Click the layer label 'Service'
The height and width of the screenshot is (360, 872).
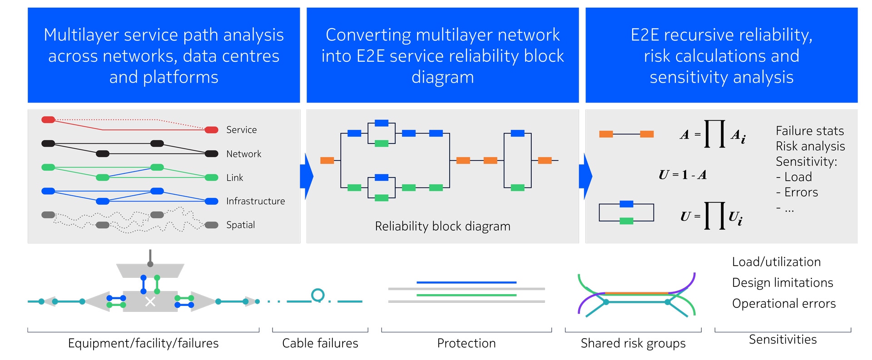[x=241, y=130]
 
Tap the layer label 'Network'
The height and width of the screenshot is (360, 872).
[x=243, y=154]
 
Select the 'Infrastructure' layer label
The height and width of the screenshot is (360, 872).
[x=255, y=201]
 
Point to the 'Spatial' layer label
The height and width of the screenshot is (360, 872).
[x=240, y=225]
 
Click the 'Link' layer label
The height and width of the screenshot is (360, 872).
[x=234, y=178]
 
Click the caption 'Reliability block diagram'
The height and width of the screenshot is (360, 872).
[x=442, y=226]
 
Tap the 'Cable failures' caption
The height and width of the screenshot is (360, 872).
[x=320, y=343]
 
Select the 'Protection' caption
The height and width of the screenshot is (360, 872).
[x=466, y=343]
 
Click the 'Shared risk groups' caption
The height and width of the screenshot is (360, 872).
[x=633, y=344]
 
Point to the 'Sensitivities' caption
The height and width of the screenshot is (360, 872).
[x=783, y=340]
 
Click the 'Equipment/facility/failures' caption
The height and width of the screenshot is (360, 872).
[x=143, y=344]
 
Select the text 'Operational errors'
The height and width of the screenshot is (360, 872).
[x=783, y=304]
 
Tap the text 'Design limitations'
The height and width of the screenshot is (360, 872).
[x=783, y=283]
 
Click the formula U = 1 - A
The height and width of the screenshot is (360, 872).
[x=683, y=175]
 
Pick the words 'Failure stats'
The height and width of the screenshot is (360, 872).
[x=809, y=131]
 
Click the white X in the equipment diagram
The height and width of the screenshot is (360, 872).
[x=150, y=301]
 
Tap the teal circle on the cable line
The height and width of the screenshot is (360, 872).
[x=318, y=296]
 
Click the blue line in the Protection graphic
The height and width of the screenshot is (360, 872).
[x=466, y=282]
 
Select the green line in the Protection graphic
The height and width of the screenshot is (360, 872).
[x=466, y=295]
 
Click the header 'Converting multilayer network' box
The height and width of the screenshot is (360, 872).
[x=442, y=55]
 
